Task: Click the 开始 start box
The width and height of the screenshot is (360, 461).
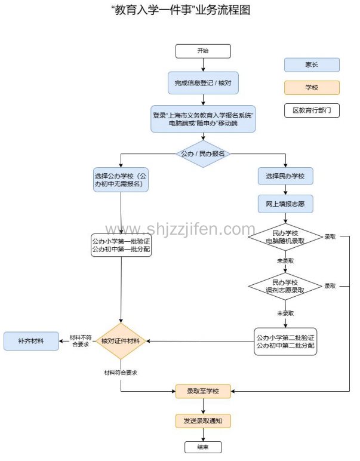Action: coord(203,51)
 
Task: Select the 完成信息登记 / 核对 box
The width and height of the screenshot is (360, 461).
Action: coord(203,82)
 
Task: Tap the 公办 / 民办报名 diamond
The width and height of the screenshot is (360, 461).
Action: coord(203,153)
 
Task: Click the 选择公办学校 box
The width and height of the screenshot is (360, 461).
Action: coord(121,180)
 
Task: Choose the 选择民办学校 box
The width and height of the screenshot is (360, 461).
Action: coord(285,176)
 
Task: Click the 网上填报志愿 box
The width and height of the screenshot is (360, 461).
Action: coord(285,204)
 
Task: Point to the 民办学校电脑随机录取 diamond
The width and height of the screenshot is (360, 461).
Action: coord(285,236)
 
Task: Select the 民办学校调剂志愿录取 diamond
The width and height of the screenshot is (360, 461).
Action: coord(285,286)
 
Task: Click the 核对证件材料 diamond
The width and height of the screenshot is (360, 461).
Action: coord(121,342)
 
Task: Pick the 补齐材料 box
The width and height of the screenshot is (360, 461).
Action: coord(32,341)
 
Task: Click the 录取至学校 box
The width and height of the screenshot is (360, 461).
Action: coord(203,392)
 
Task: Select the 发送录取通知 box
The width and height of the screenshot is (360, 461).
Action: coord(203,421)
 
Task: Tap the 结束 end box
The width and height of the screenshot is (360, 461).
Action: coord(203,447)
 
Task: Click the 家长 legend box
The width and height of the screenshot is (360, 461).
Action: coord(312,64)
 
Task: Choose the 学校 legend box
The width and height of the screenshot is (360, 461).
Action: coord(312,88)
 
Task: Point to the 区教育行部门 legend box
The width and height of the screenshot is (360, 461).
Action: coord(312,110)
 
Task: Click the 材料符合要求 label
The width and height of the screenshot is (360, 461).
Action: coord(121,373)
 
